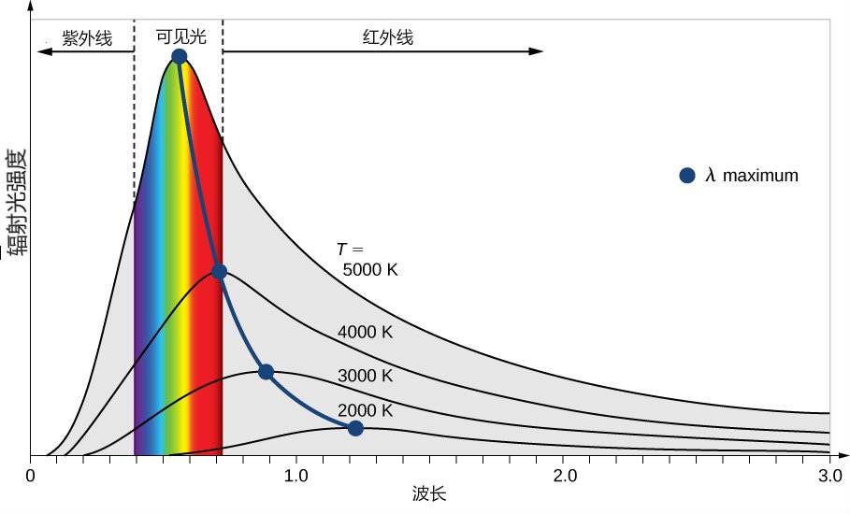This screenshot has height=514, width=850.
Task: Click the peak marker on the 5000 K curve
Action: pos(180,57)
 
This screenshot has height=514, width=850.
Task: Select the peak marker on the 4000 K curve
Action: pos(219,272)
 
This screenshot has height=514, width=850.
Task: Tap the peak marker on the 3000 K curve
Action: pos(266,372)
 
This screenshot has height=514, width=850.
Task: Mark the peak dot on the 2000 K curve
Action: pos(355,428)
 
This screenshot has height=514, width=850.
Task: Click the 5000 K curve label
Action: pos(370,270)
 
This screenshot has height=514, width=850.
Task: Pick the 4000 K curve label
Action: pos(366,332)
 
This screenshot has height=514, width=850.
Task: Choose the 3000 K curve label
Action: pos(366,376)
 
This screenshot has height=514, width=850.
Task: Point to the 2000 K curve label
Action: pos(366,410)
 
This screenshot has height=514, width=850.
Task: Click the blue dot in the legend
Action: pos(687,175)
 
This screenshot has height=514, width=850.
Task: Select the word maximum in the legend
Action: pos(760,176)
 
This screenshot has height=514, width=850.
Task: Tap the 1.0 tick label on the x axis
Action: pos(296,475)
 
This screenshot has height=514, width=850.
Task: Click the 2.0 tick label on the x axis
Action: pos(563,475)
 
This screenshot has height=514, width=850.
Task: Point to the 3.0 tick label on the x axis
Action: pos(829,475)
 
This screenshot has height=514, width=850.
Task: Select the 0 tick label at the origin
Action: pos(31,475)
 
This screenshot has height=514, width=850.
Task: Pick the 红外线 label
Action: pos(388,38)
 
